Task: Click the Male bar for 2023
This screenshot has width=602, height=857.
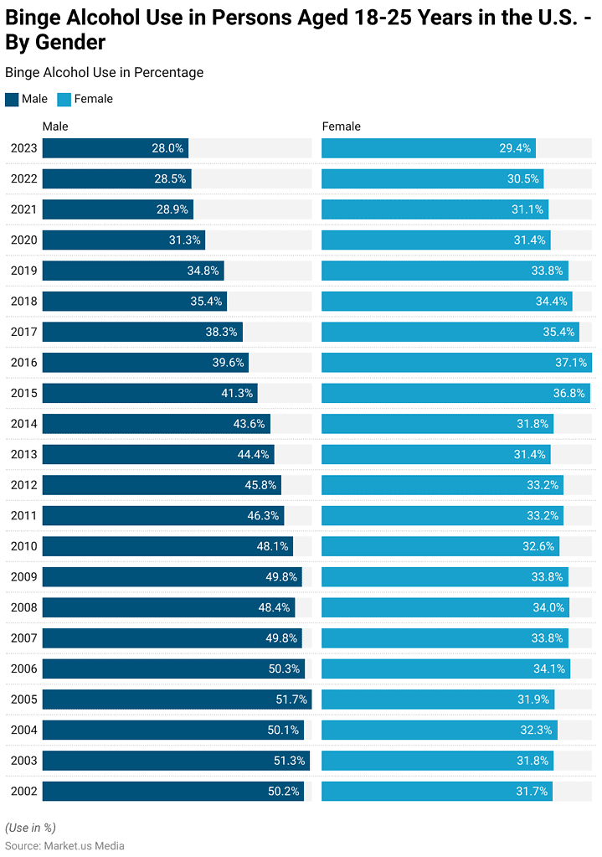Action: pos(116,148)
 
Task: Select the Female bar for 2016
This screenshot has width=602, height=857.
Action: pos(456,363)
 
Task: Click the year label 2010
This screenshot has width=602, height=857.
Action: pos(23,546)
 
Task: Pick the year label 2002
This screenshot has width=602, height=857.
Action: pos(23,791)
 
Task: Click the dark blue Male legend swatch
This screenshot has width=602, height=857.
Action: pos(12,99)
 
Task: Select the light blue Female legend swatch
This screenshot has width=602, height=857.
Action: pos(64,99)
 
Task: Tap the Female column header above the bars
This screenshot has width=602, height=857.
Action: pos(341,126)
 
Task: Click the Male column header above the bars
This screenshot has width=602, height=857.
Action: pos(55,126)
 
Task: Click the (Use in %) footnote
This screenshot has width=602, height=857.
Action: pos(30,828)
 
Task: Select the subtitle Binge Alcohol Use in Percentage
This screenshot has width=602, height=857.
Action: pos(104,73)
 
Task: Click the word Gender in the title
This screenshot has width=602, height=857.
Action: pos(70,42)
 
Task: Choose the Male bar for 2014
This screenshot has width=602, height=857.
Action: pos(156,424)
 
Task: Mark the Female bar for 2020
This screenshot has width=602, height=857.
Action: pos(435,240)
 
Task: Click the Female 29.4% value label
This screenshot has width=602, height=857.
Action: pos(515,148)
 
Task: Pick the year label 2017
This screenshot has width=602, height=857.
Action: pos(23,332)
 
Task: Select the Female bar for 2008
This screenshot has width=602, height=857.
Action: pos(445,607)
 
